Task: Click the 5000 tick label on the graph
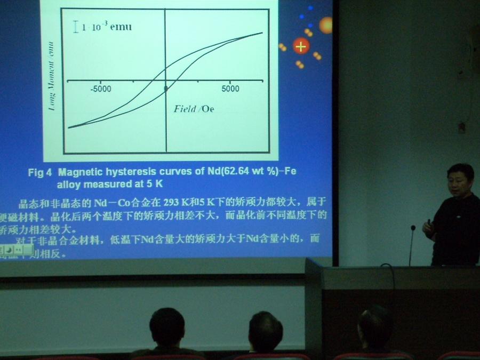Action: coord(230,89)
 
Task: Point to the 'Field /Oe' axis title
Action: coord(194,109)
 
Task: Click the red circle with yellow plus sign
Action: coord(301,46)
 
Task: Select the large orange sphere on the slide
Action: coord(325,25)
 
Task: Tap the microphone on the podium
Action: coord(412,229)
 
